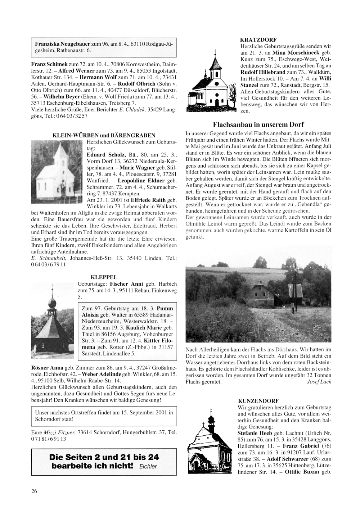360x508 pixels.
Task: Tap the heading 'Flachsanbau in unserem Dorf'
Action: (x=258, y=125)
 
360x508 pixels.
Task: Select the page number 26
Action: (x=34, y=491)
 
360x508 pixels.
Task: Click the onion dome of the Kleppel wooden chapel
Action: (x=52, y=303)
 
